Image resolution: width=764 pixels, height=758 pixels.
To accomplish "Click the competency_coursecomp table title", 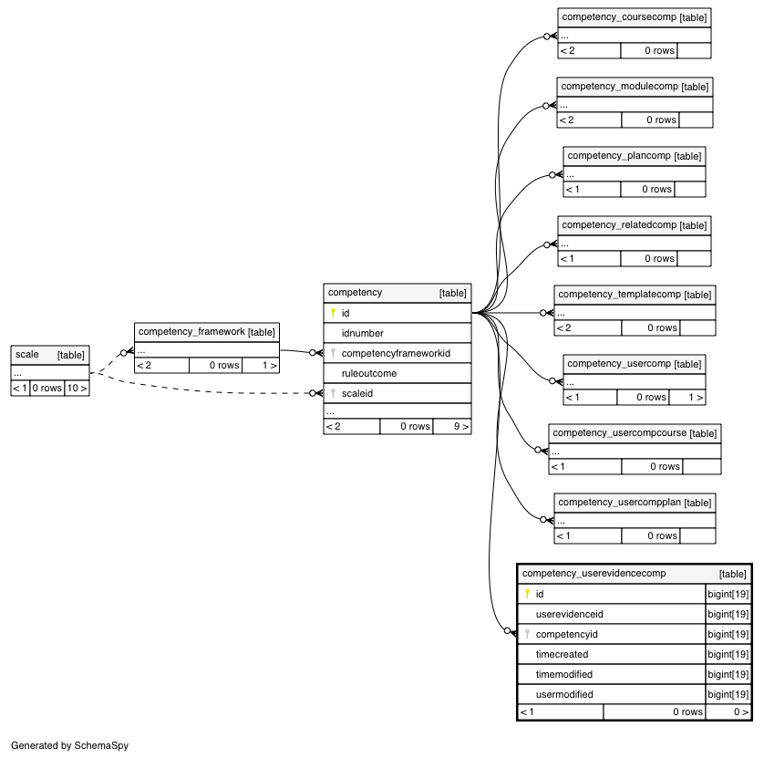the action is point(619,17).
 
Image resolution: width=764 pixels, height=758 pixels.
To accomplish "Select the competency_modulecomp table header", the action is point(619,87).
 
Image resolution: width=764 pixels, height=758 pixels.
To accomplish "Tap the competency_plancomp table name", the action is point(619,155).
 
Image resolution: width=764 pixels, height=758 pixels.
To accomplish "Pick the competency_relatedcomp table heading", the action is point(619,224).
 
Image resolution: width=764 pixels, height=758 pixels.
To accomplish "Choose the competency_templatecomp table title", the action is point(619,294).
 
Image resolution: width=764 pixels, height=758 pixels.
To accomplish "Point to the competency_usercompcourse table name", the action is point(619,432).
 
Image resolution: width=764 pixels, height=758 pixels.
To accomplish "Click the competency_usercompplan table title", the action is point(619,502).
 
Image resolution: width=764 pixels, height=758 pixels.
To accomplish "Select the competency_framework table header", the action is point(191,331).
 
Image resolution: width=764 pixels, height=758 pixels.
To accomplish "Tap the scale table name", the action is point(26,355).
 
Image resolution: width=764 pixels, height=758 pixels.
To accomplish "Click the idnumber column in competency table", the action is point(363,333).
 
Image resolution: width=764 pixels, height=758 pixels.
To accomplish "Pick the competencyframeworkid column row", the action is point(396,353).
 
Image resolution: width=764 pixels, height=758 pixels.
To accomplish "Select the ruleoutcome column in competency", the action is point(369,373).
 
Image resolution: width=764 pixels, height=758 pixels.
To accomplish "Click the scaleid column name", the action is point(357,393).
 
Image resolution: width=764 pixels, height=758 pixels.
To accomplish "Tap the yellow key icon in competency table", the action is point(334,313).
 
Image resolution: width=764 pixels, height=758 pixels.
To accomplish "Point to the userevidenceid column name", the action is point(570,614).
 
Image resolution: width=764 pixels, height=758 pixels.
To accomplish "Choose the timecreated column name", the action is point(563,654).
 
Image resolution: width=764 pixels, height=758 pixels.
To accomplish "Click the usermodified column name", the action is point(564,694).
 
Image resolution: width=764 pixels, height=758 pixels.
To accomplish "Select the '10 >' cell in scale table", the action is point(77,388).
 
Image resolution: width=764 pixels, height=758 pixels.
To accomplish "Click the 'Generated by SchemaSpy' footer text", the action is point(69,745).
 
